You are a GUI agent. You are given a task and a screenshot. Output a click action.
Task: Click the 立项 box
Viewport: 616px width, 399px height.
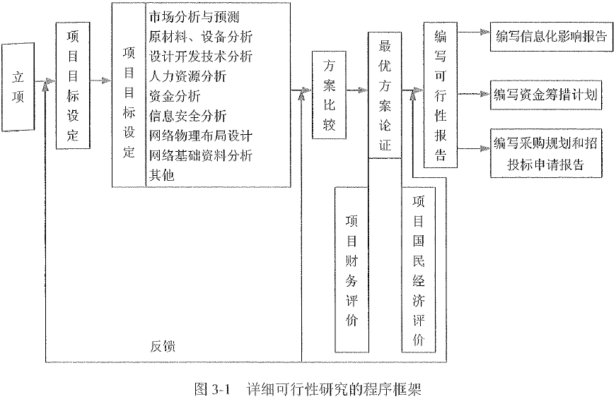click(x=19, y=86)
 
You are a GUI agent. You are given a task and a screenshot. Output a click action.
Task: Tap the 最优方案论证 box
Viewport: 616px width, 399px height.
click(x=385, y=95)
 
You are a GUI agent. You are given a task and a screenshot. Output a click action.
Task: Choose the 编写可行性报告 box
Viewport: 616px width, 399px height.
click(x=441, y=95)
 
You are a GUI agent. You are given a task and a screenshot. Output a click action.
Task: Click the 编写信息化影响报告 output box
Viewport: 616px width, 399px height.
click(x=551, y=37)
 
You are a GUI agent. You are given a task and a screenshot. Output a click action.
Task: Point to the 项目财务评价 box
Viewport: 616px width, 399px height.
click(x=351, y=268)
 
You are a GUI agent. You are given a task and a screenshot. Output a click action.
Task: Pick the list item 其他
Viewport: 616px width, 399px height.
click(x=162, y=174)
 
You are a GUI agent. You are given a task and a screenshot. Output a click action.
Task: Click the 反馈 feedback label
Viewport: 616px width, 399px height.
click(x=163, y=347)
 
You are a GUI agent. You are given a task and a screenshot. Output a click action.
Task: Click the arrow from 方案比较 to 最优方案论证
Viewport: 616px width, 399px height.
click(x=356, y=90)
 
